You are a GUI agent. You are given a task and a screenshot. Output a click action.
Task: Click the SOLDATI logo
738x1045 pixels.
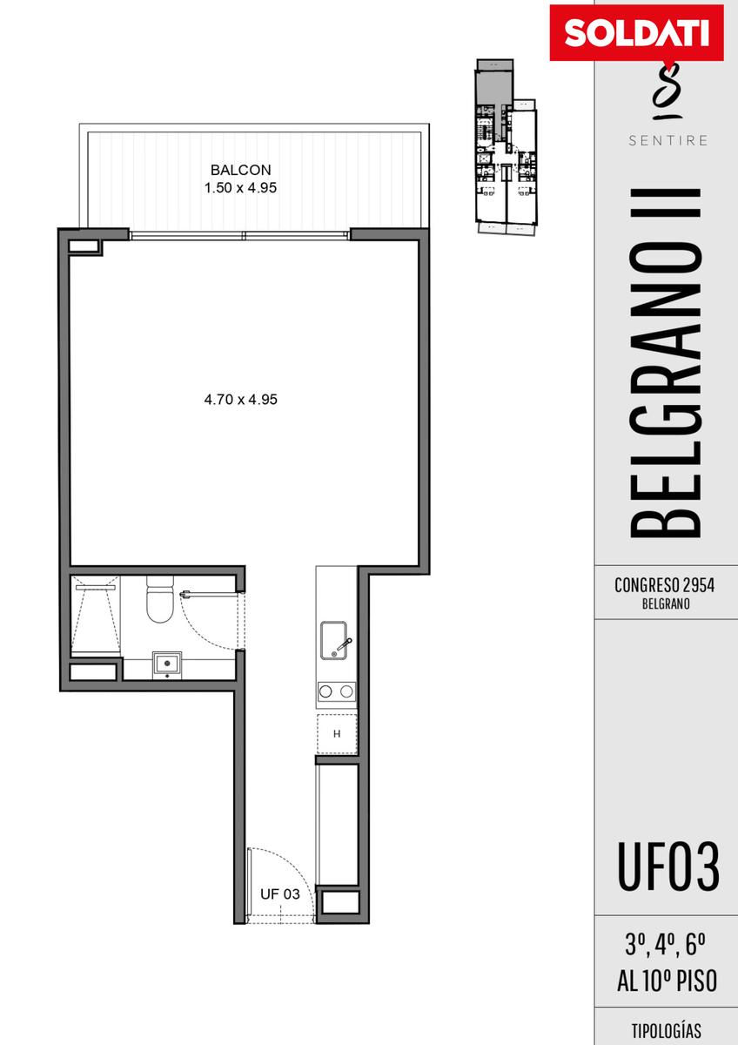[636, 34]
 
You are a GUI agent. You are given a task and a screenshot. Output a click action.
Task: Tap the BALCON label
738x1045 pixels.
[240, 170]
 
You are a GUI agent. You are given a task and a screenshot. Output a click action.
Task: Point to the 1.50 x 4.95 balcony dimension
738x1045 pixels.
[240, 188]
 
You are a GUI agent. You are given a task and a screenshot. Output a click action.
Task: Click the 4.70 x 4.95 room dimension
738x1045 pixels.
[240, 400]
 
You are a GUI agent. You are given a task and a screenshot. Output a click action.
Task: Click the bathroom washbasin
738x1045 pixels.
[167, 664]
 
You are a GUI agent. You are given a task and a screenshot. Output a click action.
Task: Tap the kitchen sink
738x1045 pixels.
[334, 641]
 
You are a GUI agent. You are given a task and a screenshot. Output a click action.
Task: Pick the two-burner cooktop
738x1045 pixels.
[337, 691]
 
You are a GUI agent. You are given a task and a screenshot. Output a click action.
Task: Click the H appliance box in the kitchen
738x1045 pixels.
[337, 734]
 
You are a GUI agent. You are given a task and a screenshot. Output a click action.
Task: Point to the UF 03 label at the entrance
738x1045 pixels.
[280, 894]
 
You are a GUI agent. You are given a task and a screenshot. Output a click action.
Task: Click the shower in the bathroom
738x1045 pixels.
[96, 615]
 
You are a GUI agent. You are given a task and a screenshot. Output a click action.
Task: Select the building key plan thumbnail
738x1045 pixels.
[507, 145]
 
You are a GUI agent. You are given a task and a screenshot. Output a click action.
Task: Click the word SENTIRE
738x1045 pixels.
[668, 140]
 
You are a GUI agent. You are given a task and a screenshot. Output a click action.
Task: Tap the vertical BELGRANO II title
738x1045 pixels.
[666, 364]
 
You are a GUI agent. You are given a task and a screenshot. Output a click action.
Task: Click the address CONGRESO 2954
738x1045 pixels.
[664, 585]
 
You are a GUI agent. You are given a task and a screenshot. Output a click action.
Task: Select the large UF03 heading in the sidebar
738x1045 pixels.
[668, 866]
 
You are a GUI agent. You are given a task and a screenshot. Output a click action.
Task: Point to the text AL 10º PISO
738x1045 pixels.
[668, 978]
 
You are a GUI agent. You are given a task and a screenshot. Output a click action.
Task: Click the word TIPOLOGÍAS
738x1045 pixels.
[667, 1030]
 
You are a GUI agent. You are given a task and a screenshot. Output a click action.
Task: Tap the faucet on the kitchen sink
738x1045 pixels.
[342, 645]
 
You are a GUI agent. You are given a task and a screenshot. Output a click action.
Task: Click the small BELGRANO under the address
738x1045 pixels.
[667, 604]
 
